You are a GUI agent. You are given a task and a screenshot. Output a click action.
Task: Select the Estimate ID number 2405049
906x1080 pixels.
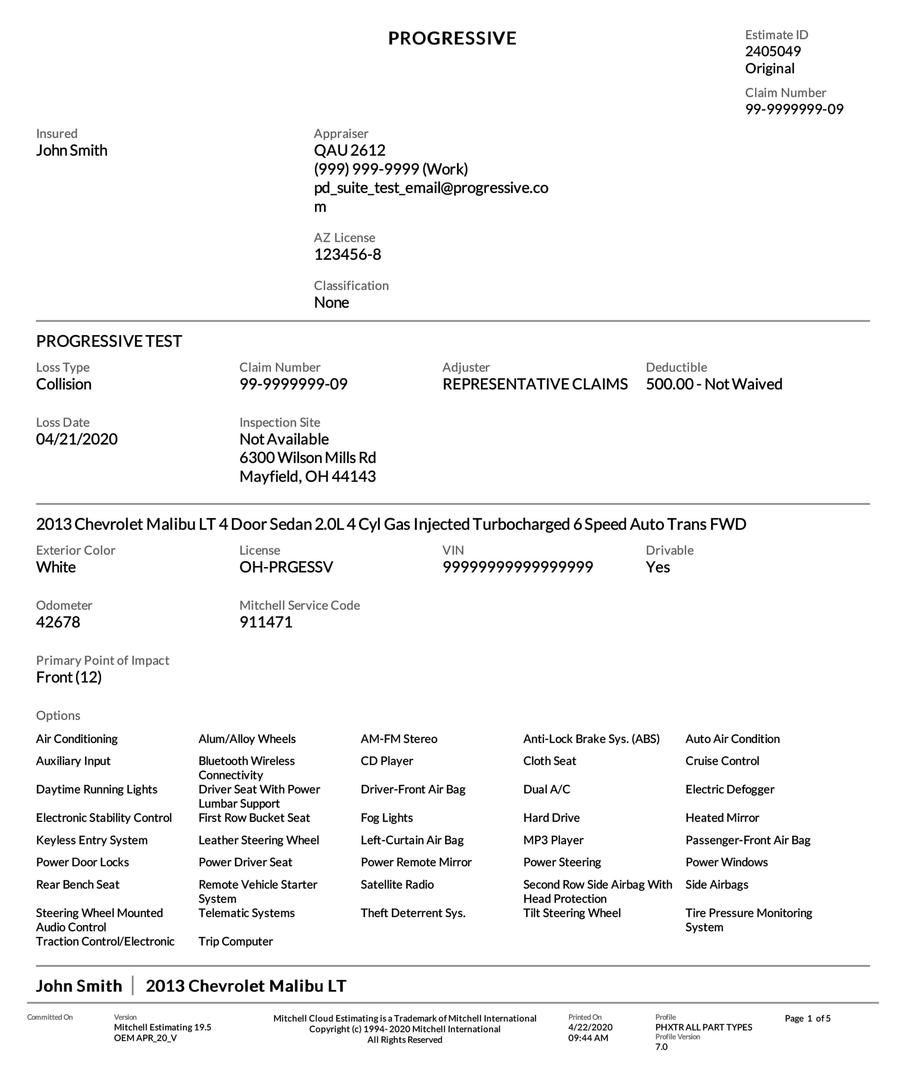[772, 51]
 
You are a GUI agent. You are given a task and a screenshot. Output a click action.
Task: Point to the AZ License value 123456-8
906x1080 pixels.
[347, 254]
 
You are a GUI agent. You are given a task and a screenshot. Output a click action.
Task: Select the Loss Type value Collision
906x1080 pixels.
[64, 384]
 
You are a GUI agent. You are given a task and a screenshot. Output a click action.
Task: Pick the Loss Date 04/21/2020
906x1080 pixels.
[76, 439]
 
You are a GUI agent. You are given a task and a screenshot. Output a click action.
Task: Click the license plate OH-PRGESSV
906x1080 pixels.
[286, 567]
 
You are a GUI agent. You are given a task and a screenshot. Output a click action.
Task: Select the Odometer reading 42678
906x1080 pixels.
[58, 622]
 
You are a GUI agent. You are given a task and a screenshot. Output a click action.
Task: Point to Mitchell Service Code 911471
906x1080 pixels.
[266, 622]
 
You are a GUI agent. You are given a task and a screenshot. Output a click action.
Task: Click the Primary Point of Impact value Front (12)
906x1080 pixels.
[69, 677]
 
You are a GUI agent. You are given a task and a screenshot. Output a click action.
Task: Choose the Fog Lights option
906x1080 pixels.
[386, 818]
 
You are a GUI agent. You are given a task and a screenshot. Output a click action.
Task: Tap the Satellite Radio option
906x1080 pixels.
[397, 884]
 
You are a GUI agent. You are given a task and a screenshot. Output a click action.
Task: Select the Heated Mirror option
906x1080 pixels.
[722, 818]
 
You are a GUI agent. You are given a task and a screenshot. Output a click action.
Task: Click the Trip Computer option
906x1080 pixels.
[235, 941]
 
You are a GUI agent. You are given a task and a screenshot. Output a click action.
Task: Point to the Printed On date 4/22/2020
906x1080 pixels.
[590, 1027]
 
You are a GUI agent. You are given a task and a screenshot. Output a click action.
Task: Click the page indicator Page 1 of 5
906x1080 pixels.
[807, 1018]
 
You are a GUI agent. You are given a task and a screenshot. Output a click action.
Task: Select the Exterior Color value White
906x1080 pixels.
[55, 567]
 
